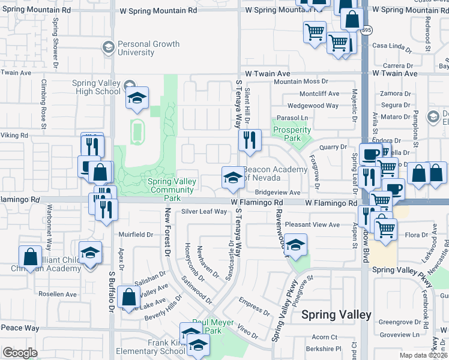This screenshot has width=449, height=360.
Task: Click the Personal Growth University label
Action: (x=148, y=49)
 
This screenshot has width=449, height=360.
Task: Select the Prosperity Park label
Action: (x=292, y=134)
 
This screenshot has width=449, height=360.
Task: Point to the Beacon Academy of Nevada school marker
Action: (x=232, y=177)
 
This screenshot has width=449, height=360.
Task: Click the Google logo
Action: (x=20, y=353)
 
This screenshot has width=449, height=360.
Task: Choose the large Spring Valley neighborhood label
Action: (x=336, y=314)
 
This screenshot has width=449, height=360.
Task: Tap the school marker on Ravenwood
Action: (x=295, y=245)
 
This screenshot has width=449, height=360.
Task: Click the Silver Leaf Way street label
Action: (x=205, y=211)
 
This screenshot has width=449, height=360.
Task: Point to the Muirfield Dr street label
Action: (x=136, y=235)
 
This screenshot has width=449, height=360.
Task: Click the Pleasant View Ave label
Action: (x=312, y=224)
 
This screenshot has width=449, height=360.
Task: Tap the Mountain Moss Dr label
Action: (x=301, y=81)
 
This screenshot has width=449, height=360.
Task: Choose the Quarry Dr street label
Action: (x=333, y=146)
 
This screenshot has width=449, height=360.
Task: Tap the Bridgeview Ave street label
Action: (x=277, y=193)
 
